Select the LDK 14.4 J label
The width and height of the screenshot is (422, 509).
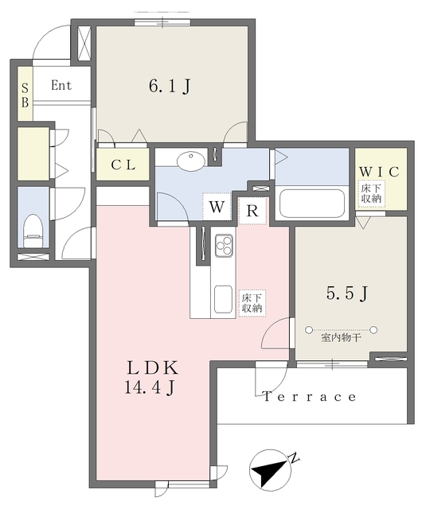click(x=154, y=379)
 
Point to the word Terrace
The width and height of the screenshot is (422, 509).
click(x=311, y=396)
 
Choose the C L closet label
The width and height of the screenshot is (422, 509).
click(x=123, y=165)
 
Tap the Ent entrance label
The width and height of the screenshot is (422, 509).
click(x=61, y=85)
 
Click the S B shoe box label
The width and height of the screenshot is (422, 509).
click(x=25, y=95)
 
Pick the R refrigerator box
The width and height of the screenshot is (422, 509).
click(x=252, y=210)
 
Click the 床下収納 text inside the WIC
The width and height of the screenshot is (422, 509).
click(x=371, y=194)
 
